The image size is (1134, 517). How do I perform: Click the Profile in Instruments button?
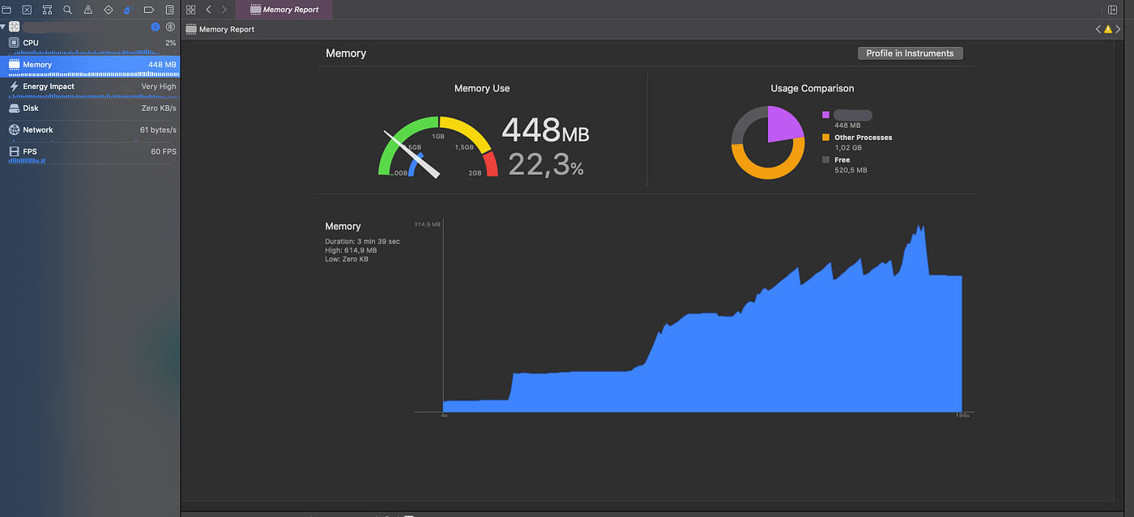pos(910,53)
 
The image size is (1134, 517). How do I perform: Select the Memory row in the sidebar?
pos(89,65)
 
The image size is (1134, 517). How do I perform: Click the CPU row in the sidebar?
pos(89,43)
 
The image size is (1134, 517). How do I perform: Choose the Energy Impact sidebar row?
pos(89,87)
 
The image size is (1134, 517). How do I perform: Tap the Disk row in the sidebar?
pos(89,108)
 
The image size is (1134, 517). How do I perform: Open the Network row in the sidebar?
pos(89,129)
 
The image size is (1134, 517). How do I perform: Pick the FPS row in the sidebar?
pos(89,151)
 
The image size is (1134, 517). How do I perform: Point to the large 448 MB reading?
pos(545,130)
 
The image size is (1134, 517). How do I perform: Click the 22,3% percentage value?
pos(545,165)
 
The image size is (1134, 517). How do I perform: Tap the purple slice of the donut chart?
pos(782,123)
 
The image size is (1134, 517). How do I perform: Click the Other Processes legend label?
pos(863,138)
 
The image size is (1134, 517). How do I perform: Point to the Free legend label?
pos(842,160)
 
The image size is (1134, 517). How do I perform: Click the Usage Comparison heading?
pos(812,88)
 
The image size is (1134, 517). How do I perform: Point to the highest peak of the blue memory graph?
pos(919,227)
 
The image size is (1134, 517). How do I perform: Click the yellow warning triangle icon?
pos(1109,29)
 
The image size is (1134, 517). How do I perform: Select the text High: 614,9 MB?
pos(351,250)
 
